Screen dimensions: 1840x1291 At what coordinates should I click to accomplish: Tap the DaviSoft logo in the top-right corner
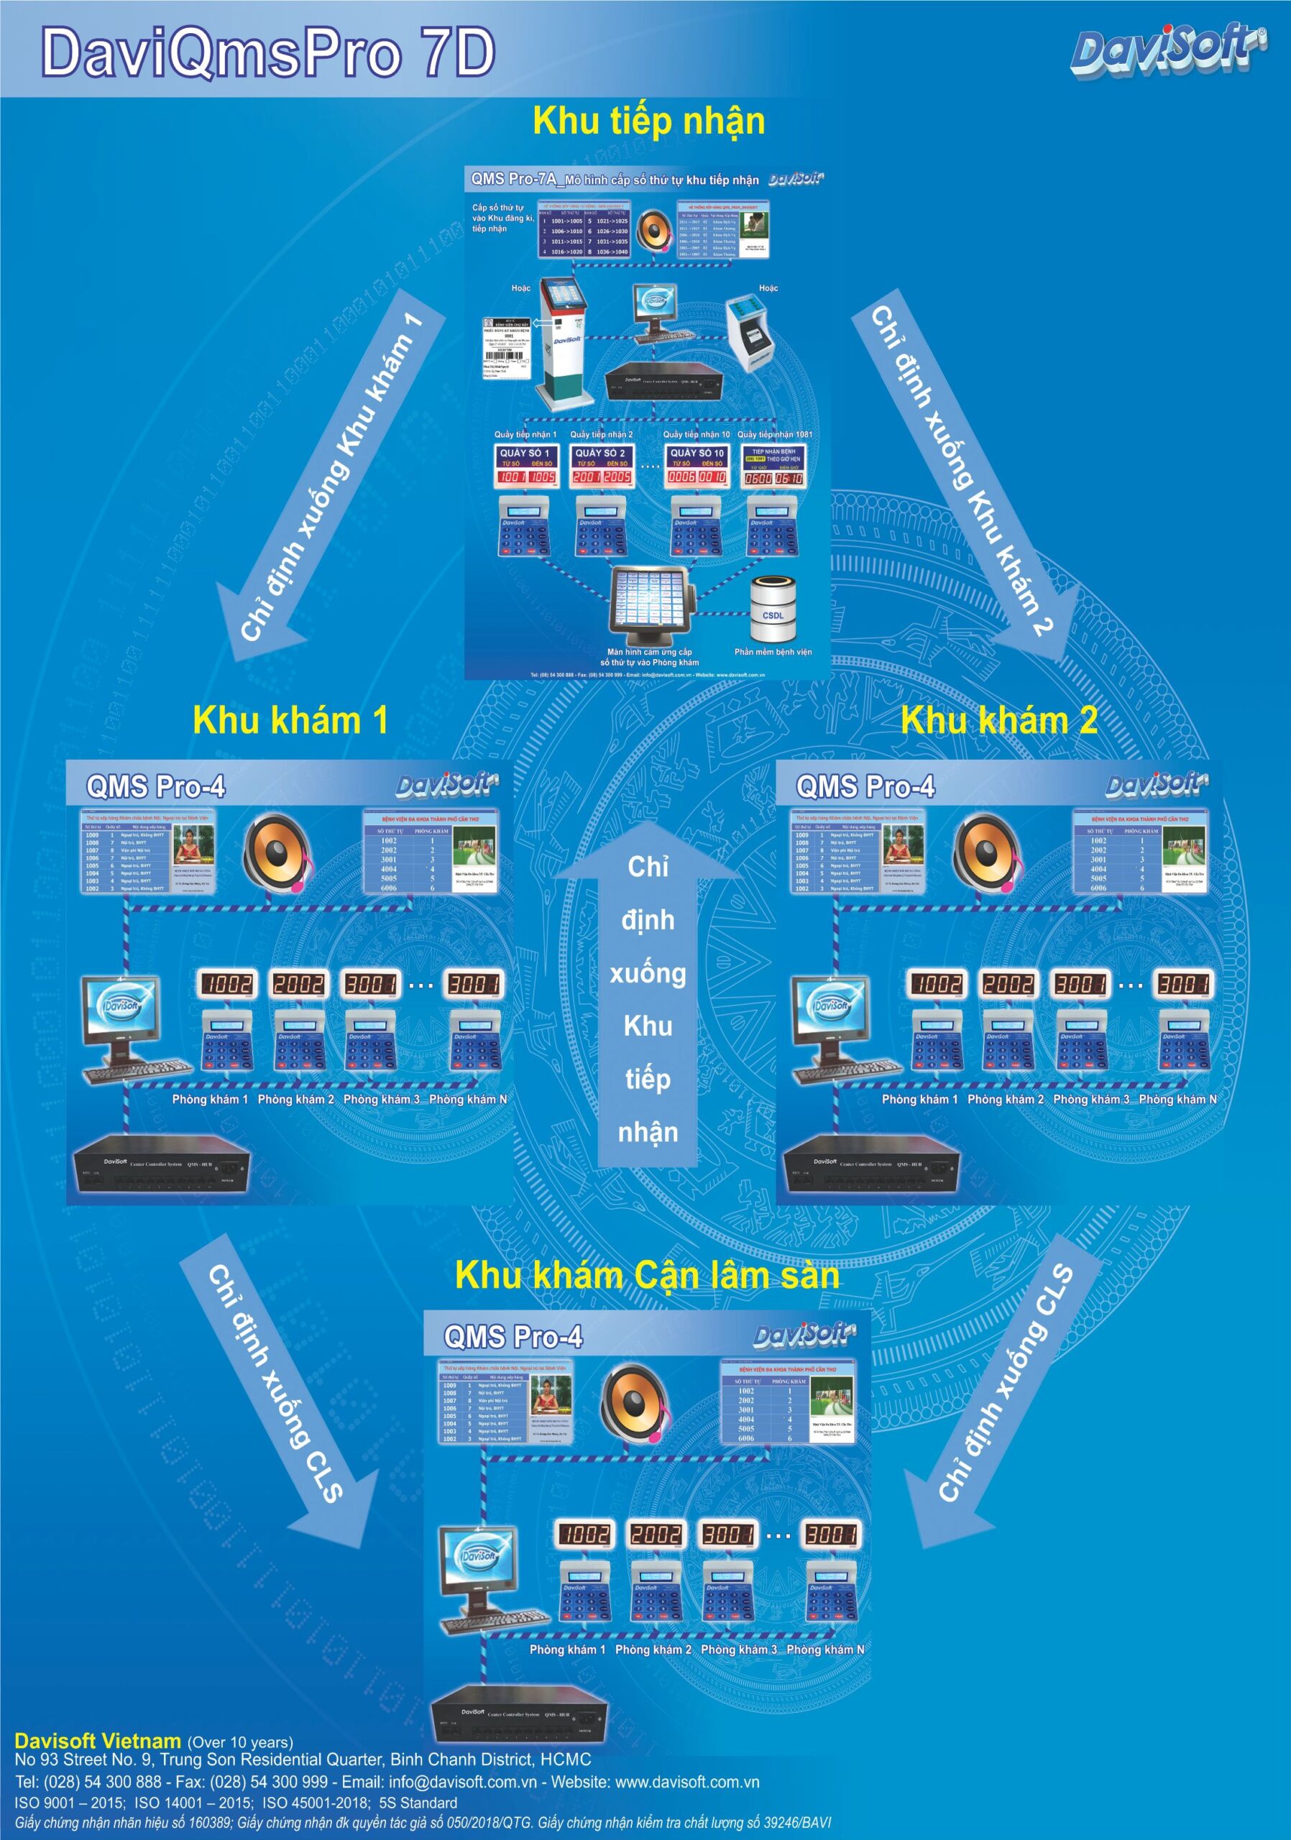[x=1168, y=50]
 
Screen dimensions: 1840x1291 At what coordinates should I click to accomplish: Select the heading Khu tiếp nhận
[x=648, y=121]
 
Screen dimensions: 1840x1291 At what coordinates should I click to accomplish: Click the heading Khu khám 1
[x=290, y=719]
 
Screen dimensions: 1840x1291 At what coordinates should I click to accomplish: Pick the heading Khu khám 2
[x=998, y=719]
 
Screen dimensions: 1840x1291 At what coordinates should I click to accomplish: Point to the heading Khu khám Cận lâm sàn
[x=647, y=1275]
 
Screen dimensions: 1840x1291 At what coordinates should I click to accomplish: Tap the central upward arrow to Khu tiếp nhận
[x=648, y=1002]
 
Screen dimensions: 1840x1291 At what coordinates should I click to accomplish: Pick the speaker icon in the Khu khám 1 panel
[x=277, y=852]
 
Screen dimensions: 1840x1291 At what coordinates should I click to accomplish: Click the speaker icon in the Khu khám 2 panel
[x=986, y=852]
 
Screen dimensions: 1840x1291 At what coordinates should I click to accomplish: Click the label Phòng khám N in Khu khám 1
[x=468, y=1100]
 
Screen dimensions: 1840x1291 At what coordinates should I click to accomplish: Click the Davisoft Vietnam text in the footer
[x=98, y=1741]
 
